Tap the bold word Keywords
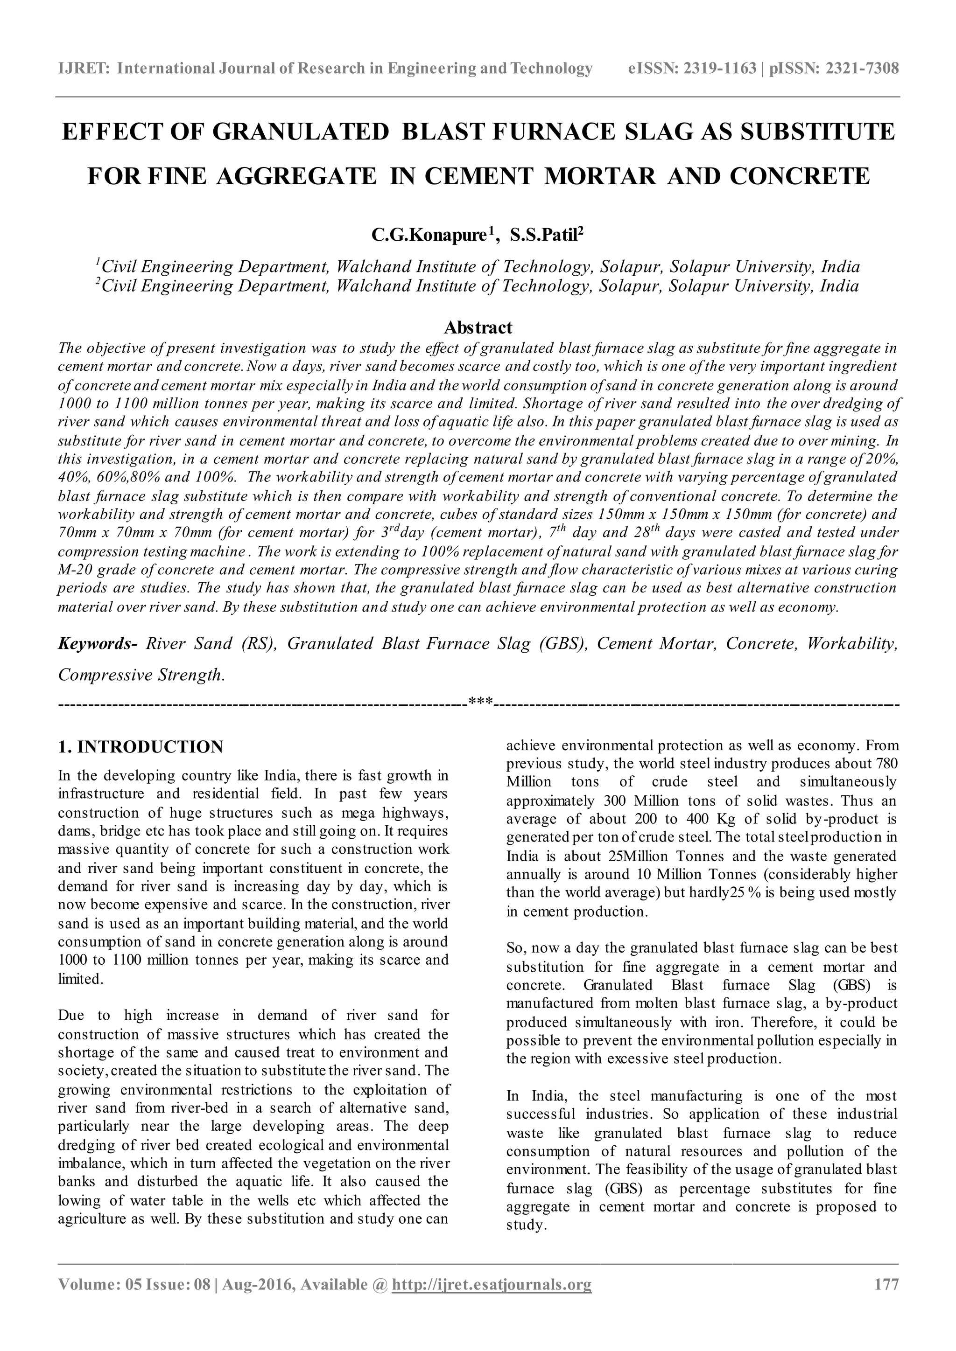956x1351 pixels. point(97,644)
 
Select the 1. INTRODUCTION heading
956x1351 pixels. point(141,747)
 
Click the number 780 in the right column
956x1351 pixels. point(887,764)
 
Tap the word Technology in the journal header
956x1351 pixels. point(555,69)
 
